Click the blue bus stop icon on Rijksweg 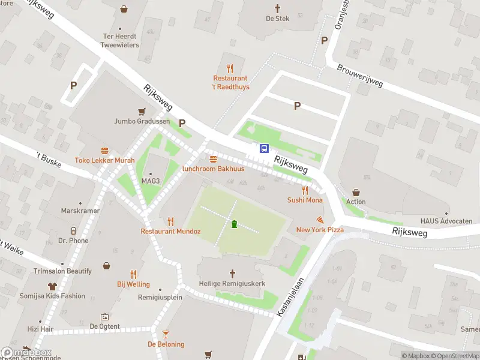click(264, 148)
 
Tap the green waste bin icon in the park click(234, 224)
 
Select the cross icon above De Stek click(277, 8)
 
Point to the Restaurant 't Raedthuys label click(230, 82)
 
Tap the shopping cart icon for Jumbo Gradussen click(142, 111)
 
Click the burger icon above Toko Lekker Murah click(104, 151)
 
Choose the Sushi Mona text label click(305, 200)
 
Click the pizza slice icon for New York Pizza click(320, 220)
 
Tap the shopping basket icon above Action click(356, 192)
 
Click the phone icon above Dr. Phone click(73, 230)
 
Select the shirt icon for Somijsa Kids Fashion click(52, 286)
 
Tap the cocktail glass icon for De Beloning click(166, 334)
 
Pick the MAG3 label click(151, 181)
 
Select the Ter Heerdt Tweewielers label click(120, 41)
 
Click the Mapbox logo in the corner click(26, 353)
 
